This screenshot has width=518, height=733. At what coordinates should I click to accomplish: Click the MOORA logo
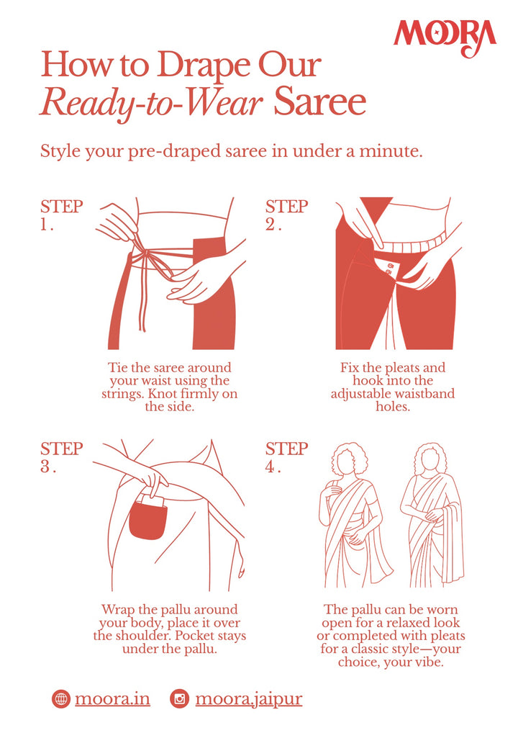[x=445, y=37]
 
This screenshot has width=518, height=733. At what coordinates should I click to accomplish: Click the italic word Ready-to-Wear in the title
[x=152, y=104]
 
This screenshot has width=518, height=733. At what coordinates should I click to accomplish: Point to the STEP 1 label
[x=62, y=215]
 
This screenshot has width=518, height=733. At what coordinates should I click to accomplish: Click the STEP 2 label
[x=287, y=215]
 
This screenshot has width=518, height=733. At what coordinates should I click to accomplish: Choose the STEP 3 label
[x=62, y=457]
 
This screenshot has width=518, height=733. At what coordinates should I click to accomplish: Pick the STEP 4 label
[x=287, y=457]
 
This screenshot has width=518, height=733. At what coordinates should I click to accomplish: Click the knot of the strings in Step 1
[x=148, y=255]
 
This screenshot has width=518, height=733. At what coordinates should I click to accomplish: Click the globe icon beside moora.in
[x=60, y=699]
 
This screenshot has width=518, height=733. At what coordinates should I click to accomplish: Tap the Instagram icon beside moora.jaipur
[x=179, y=699]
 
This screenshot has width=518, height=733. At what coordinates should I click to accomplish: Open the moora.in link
[x=112, y=699]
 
